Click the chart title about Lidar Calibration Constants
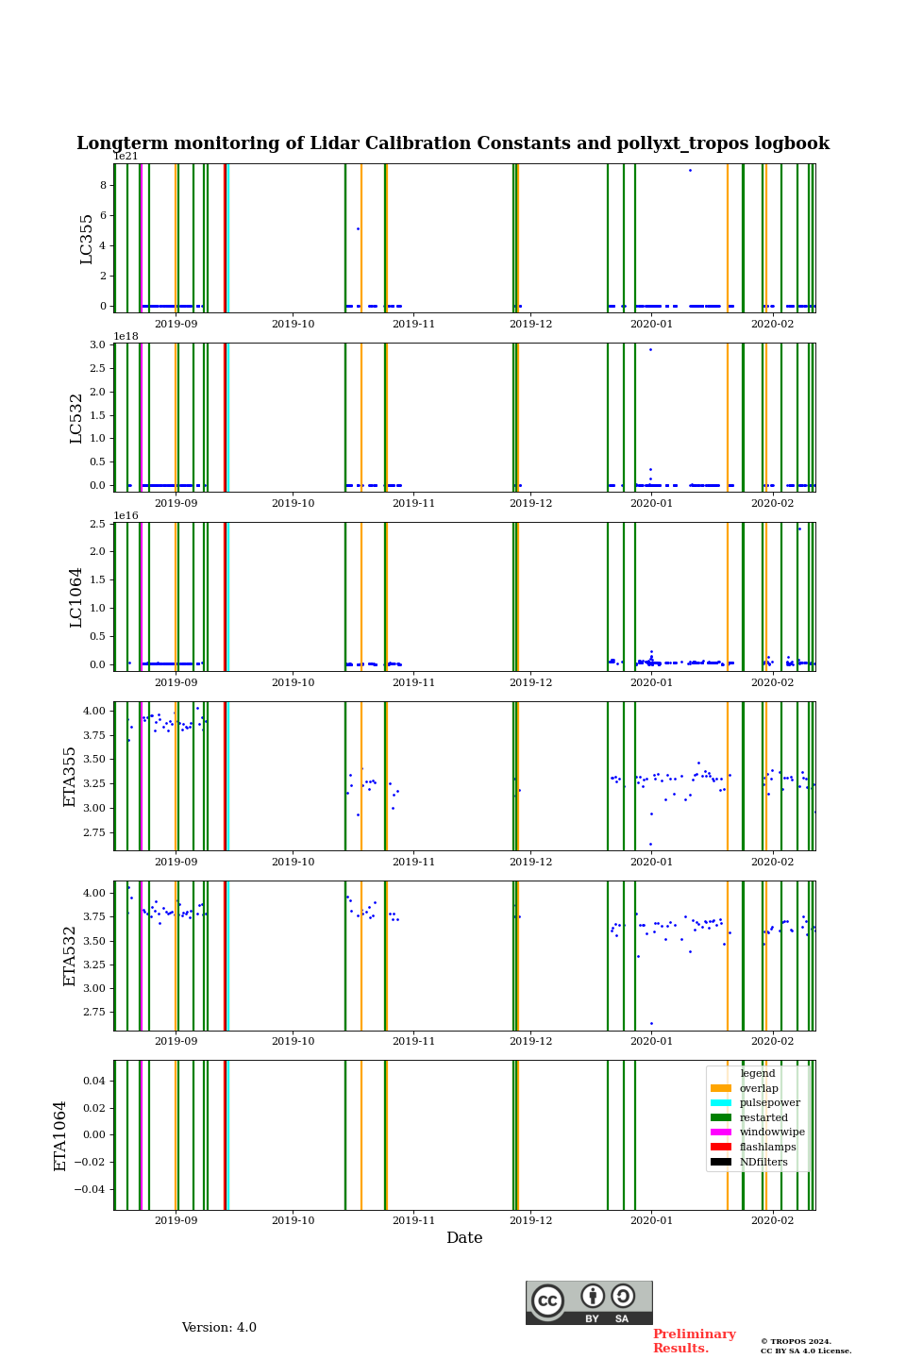[x=453, y=143]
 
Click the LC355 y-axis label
[x=87, y=239]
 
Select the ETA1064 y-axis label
[x=61, y=1135]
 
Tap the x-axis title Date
[x=464, y=1238]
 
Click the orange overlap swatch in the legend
[x=721, y=1088]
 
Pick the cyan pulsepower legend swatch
[x=721, y=1103]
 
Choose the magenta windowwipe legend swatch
[x=721, y=1132]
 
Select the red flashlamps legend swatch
[x=721, y=1148]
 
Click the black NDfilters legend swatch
[x=721, y=1162]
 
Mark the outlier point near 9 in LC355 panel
[x=690, y=170]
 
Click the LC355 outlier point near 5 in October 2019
[x=358, y=228]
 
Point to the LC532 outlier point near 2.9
[x=650, y=349]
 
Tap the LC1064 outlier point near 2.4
[x=799, y=528]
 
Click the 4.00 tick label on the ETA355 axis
[x=93, y=711]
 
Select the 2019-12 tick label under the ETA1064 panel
[x=530, y=1221]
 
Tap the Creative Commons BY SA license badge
[x=589, y=1302]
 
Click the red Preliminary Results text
[x=694, y=1341]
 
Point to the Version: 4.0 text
[x=219, y=1328]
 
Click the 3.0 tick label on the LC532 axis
[x=98, y=344]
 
